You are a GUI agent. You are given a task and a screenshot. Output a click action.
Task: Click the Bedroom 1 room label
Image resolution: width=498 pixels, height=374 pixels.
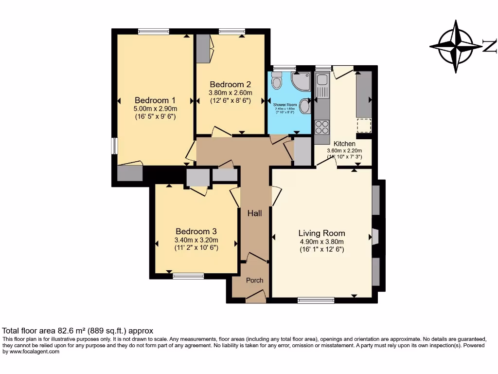point(155,100)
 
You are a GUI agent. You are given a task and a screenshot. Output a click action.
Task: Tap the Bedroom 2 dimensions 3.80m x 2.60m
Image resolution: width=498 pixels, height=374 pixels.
point(231,93)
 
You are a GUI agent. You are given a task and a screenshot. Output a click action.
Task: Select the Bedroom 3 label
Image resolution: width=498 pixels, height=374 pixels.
point(196,231)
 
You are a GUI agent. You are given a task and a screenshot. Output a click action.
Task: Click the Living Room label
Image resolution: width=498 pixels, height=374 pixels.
point(321,233)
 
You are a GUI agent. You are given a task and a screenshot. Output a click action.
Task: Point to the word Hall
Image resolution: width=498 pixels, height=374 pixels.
point(254,213)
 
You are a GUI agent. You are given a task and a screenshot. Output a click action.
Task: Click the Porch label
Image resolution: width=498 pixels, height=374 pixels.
point(254,280)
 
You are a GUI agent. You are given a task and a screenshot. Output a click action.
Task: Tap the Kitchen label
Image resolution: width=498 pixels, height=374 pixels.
point(344,144)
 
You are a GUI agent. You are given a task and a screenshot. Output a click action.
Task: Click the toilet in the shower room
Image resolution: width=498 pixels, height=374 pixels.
point(277,80)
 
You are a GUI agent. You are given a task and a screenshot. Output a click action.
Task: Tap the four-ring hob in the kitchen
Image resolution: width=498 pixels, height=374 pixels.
point(322,127)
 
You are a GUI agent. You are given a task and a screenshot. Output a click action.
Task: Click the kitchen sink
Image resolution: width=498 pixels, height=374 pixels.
point(321,86)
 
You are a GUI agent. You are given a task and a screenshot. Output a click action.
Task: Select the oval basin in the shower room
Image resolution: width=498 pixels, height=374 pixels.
point(305,106)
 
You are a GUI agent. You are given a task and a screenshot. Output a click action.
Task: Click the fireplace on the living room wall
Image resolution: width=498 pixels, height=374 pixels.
point(375,236)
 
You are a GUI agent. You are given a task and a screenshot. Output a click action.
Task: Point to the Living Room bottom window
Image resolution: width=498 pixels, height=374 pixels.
point(316,300)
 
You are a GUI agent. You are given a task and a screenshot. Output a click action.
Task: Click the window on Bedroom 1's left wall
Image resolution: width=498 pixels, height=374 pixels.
point(114,146)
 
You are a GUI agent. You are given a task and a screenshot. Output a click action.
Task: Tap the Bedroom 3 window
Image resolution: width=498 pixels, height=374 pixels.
point(188,276)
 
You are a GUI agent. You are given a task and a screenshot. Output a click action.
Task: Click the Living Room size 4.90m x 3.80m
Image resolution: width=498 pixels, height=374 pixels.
point(321,242)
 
